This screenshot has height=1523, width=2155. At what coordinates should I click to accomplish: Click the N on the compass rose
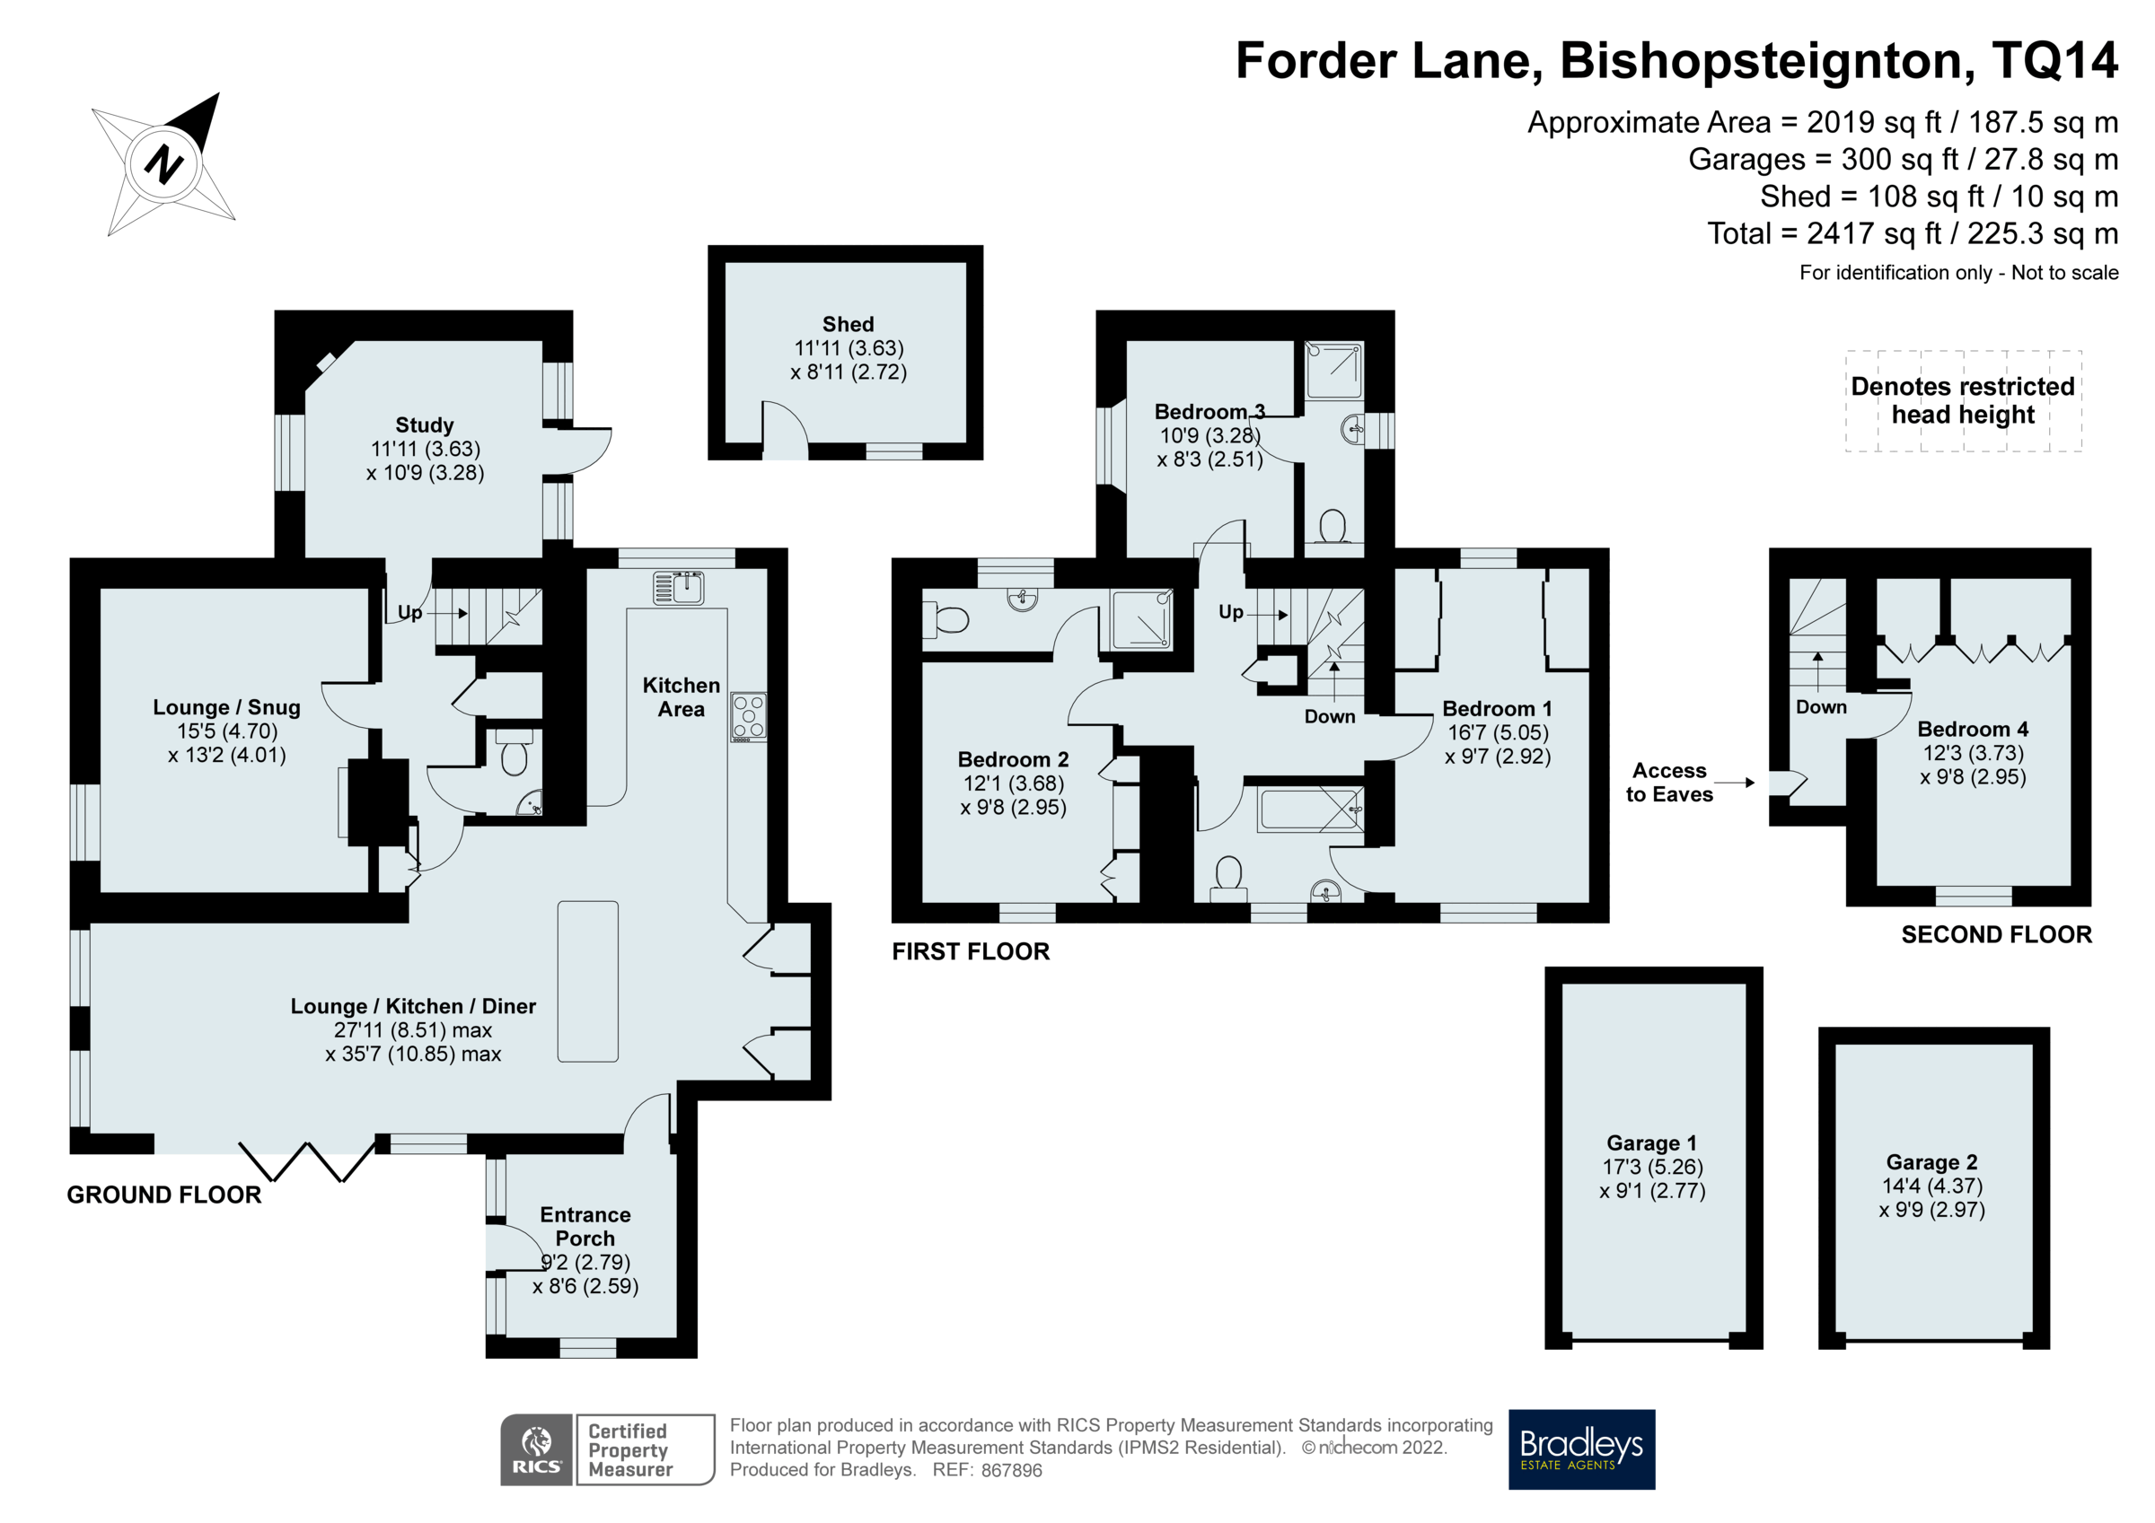tap(163, 164)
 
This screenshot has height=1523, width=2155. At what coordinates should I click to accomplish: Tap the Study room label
tap(424, 425)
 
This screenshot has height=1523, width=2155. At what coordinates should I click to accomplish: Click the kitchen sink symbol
tap(679, 588)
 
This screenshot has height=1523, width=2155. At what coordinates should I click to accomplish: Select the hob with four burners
tap(748, 716)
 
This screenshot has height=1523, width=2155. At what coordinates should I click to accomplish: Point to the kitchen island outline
tap(587, 981)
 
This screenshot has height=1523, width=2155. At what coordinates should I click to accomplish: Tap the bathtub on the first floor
tap(1310, 809)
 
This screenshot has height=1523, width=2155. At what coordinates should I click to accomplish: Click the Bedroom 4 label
tap(1972, 729)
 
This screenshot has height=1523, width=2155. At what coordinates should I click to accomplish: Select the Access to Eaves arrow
tap(1735, 783)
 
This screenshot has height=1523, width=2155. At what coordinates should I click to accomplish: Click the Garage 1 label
tap(1651, 1143)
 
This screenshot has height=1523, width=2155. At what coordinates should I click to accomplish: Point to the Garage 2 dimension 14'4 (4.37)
tap(1931, 1186)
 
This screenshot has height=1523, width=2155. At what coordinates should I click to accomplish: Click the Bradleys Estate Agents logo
tap(1580, 1449)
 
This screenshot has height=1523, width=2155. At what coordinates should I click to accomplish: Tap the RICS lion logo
tap(536, 1449)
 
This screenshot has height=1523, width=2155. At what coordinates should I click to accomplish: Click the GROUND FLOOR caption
tap(163, 1195)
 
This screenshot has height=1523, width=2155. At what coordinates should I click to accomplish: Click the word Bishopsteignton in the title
tap(1760, 60)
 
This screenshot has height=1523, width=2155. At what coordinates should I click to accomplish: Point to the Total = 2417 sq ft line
tap(1912, 232)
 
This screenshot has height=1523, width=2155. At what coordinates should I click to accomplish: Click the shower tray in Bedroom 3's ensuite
tap(1333, 372)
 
